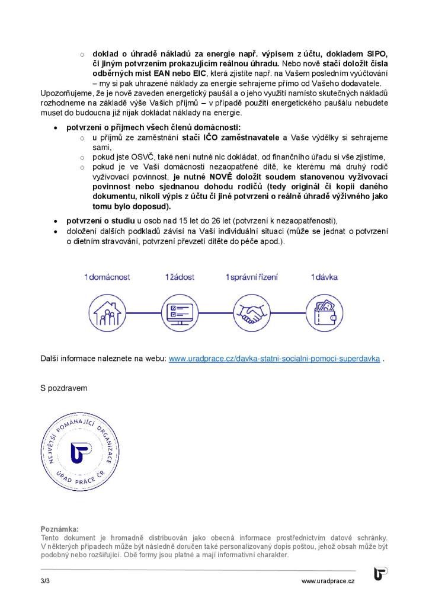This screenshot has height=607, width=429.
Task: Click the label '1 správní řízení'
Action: click(252, 277)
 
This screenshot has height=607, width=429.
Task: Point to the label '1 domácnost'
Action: click(107, 277)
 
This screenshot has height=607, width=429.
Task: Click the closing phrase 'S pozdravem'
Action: click(63, 388)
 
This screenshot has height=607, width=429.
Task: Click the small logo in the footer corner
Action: click(381, 574)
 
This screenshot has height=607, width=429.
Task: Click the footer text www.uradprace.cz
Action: click(328, 582)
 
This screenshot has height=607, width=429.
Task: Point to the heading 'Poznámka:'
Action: click(59, 528)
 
